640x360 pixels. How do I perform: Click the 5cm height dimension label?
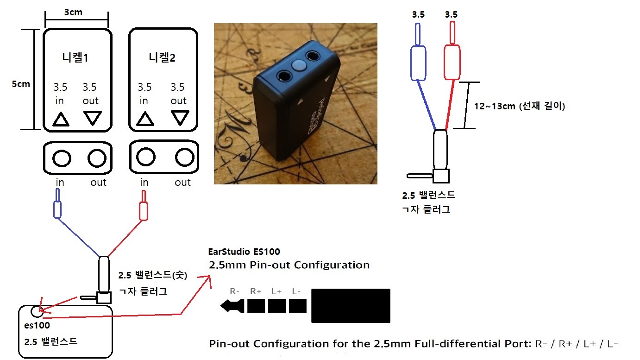(21, 84)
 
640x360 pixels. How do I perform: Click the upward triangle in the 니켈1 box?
(61, 119)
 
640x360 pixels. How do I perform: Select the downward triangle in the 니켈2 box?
(180, 118)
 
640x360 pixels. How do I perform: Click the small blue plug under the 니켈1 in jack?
(57, 210)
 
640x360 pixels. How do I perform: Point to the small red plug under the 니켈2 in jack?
(144, 211)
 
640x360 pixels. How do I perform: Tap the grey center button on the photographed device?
(299, 65)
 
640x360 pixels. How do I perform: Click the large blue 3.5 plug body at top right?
(418, 62)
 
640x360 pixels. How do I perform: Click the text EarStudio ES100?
(245, 252)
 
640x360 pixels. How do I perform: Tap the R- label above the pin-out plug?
(235, 291)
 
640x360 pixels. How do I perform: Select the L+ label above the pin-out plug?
(276, 291)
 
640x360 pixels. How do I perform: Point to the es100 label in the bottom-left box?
(38, 325)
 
